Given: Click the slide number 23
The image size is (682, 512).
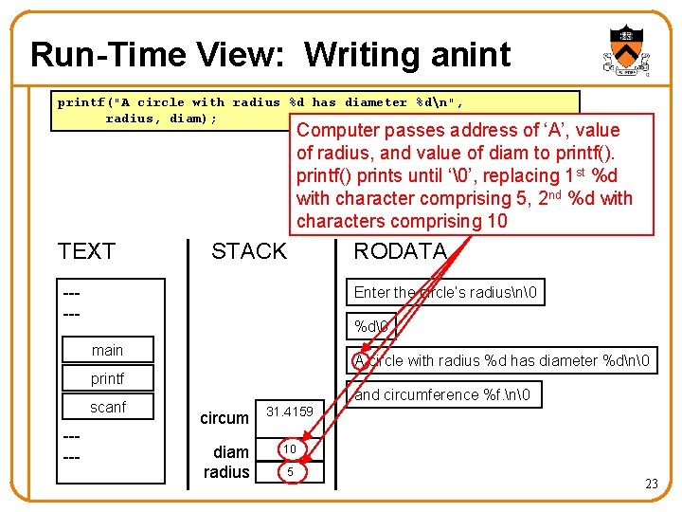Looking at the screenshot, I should pos(651,484).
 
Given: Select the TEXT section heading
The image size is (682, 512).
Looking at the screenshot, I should pos(86,251).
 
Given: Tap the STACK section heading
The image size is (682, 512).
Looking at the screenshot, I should pos(248,251).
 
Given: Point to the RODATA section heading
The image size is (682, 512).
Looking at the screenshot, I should pos(399,251).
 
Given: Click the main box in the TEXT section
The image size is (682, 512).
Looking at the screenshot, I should pos(107,350).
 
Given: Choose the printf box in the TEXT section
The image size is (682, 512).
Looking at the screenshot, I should pos(107,379).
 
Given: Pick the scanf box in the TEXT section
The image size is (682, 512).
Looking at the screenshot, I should pos(107,408).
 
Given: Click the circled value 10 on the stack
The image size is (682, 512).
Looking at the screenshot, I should pos(290,448).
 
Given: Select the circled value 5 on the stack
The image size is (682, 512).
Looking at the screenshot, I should pos(290,471).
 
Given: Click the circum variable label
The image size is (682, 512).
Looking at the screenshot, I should pos(224,418).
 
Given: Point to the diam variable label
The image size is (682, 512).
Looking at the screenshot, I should pos(230,451).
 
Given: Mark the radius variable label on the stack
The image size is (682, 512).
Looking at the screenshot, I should pos(226,472).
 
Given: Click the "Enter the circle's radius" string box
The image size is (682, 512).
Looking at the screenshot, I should pos(445,292).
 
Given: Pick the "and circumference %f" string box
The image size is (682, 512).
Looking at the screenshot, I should pos(443,394).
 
